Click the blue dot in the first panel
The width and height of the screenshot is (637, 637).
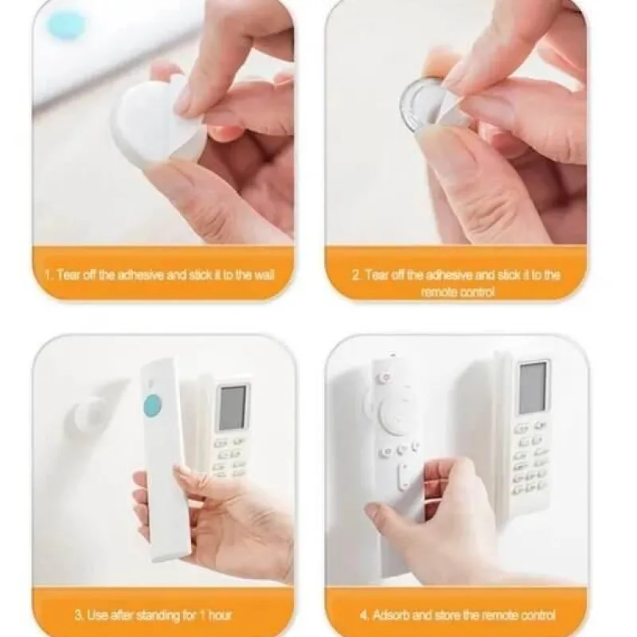click(x=66, y=25)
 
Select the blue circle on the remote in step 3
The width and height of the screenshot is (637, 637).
click(x=153, y=405)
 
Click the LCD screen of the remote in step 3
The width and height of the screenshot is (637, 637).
click(x=233, y=408)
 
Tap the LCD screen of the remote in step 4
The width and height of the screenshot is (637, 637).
click(x=533, y=387)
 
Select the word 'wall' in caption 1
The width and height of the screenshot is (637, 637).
click(x=264, y=275)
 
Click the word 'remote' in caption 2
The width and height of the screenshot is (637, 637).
click(x=436, y=292)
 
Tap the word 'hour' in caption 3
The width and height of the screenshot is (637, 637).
click(x=220, y=615)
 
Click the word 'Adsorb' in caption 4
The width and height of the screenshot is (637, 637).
click(x=389, y=615)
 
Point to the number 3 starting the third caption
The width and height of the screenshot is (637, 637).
click(x=78, y=615)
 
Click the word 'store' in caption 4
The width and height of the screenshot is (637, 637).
click(x=446, y=615)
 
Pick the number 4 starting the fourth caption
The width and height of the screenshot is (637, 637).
click(x=364, y=615)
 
